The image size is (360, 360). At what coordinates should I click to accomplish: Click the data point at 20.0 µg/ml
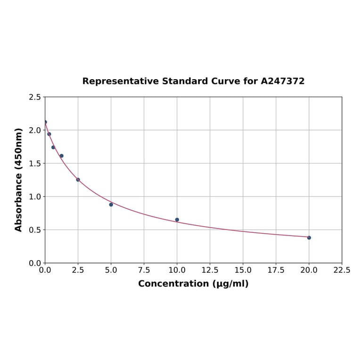(x=309, y=237)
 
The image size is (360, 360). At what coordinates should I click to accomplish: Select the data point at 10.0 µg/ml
(x=177, y=220)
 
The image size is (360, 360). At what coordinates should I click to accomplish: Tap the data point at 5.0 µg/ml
(x=111, y=205)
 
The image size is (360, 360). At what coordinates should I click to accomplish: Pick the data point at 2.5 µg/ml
(x=78, y=180)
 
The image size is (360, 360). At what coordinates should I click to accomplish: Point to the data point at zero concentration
(x=45, y=122)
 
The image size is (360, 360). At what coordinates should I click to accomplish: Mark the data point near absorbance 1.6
(x=61, y=156)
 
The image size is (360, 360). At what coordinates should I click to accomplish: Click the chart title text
(x=193, y=81)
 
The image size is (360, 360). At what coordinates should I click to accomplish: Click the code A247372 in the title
(x=283, y=81)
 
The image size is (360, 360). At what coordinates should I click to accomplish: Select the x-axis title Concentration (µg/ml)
(x=193, y=284)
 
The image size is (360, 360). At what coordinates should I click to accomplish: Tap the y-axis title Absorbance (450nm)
(x=19, y=180)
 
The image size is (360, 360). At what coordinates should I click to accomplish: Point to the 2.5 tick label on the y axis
(x=35, y=97)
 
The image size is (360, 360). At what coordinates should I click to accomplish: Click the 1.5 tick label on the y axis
(x=35, y=164)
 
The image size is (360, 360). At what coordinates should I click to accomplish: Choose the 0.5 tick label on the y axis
(x=35, y=230)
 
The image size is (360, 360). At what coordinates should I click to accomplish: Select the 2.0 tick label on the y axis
(x=35, y=130)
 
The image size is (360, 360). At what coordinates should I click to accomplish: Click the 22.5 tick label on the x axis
(x=342, y=270)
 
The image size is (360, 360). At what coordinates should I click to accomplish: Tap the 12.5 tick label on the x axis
(x=210, y=270)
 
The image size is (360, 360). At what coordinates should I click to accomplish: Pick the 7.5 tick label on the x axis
(x=144, y=270)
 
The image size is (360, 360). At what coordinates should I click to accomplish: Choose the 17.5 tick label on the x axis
(x=276, y=270)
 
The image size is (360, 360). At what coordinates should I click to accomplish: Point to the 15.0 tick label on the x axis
(x=243, y=270)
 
